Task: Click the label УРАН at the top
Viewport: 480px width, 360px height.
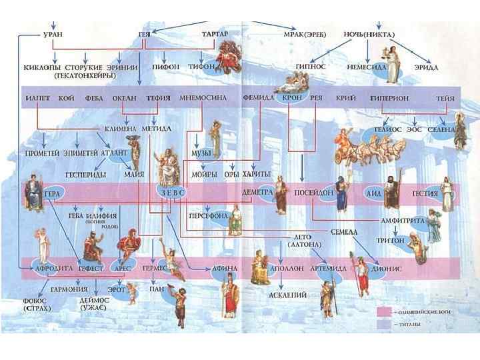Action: point(54,33)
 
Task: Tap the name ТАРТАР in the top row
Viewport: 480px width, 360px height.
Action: point(215,33)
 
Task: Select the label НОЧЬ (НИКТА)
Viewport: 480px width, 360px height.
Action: point(369,33)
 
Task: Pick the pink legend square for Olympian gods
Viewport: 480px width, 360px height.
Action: point(383,311)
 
